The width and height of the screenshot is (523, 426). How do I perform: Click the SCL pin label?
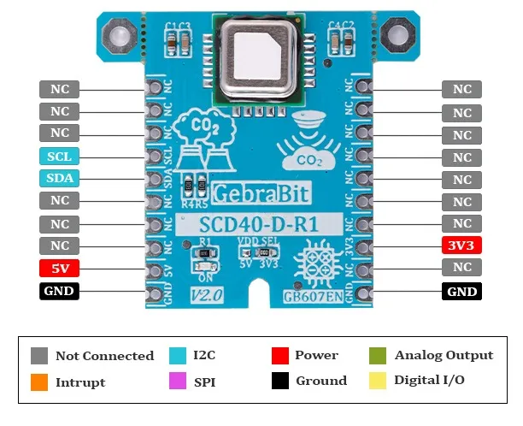(x=60, y=157)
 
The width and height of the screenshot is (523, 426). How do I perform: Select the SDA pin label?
(x=60, y=179)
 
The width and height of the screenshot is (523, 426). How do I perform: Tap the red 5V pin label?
(x=60, y=268)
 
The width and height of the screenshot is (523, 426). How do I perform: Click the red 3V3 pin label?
(x=462, y=246)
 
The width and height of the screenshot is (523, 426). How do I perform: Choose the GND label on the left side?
(x=60, y=291)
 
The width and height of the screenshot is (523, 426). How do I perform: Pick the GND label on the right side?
(x=462, y=291)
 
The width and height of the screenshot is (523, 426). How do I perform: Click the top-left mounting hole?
(x=116, y=35)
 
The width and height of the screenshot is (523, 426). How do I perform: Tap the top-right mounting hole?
(x=397, y=35)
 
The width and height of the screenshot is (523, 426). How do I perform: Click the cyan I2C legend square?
(x=179, y=355)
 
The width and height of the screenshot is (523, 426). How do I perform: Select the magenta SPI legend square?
(x=179, y=381)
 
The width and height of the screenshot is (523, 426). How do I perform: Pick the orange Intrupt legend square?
(x=39, y=381)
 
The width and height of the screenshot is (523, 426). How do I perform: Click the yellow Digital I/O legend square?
(x=378, y=381)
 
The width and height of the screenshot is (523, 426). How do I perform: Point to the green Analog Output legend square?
(x=378, y=355)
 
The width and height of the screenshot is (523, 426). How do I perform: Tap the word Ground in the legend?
(x=321, y=381)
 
